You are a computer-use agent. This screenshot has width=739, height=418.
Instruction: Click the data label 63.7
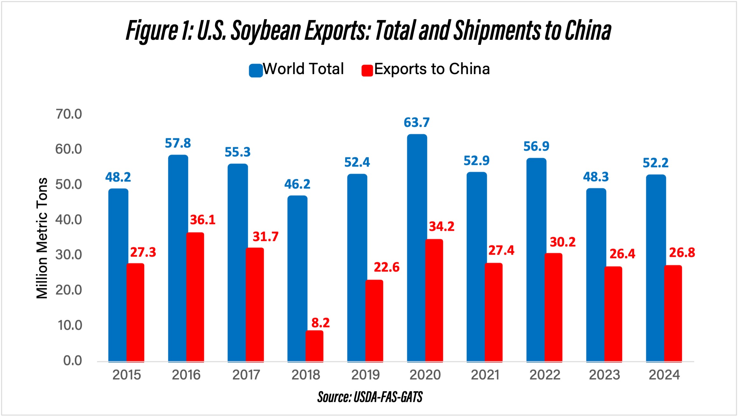pos(416,123)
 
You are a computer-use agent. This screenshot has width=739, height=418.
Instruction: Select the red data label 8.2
pos(320,323)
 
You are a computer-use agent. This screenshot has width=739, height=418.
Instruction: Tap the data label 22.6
pos(386,267)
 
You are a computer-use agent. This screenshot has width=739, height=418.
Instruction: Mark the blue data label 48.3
pos(596,177)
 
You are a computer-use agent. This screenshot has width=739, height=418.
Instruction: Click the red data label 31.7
pos(265,237)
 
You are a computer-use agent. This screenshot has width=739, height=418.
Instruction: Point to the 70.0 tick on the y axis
pos(69,114)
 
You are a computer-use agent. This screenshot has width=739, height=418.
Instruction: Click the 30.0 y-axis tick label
pos(69,255)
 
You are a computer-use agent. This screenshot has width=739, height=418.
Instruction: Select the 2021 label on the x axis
pos(485,375)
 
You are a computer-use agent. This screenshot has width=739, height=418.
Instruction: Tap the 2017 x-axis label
pos(246,375)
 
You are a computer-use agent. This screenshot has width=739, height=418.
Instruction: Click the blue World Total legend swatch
pos(255,70)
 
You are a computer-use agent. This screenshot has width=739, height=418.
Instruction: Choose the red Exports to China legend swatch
pos(367,70)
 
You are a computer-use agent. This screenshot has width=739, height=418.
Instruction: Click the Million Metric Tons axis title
pos(42,238)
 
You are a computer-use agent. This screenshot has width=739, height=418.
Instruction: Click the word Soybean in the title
pos(266,31)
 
